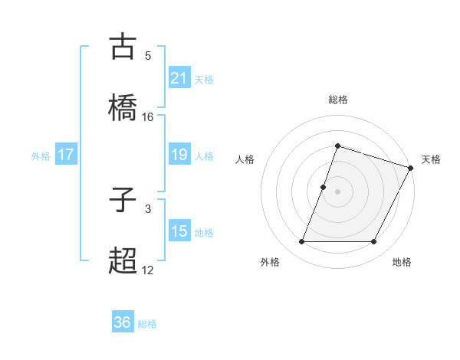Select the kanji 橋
(x=123, y=106)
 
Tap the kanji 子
(x=123, y=200)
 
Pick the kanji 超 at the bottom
(x=123, y=260)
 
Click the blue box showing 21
(x=179, y=77)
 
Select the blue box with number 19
(x=179, y=155)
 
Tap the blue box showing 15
(x=179, y=231)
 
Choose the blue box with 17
(x=66, y=155)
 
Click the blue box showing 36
(x=123, y=322)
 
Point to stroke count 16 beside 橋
(x=148, y=117)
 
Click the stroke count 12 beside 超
(x=148, y=270)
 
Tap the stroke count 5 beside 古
(x=148, y=55)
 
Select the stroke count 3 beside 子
(x=148, y=208)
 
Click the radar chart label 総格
(x=338, y=100)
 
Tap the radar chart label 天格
(x=431, y=159)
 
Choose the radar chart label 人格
(x=245, y=159)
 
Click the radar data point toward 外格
(x=302, y=242)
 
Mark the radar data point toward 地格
(x=374, y=242)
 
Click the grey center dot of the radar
(x=338, y=191)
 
